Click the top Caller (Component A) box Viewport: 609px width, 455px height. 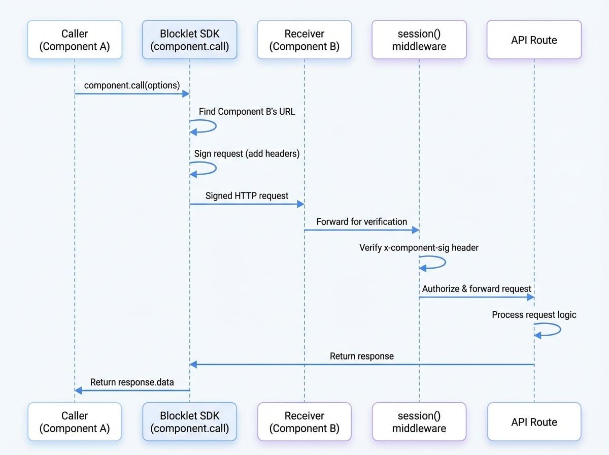(x=75, y=40)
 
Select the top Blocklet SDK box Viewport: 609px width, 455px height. (x=190, y=40)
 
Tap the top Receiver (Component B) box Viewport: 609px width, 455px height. (x=304, y=40)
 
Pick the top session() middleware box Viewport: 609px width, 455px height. (x=419, y=40)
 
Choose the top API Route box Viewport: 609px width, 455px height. (x=534, y=40)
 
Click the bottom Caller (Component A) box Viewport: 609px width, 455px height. (x=75, y=421)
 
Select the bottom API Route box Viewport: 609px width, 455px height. (x=534, y=421)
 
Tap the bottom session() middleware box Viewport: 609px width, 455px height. (x=419, y=421)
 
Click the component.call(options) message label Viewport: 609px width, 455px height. (x=132, y=85)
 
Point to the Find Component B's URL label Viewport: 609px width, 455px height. (x=247, y=111)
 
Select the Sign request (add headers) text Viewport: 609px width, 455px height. (x=247, y=153)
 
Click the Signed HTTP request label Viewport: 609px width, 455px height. (x=247, y=196)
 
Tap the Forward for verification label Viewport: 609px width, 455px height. (x=361, y=221)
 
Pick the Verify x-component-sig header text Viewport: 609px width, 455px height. (x=419, y=248)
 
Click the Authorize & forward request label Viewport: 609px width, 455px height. (x=477, y=288)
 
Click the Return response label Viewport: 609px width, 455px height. (x=361, y=356)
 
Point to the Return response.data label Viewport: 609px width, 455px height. (x=132, y=382)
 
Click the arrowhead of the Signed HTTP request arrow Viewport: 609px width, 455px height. (x=300, y=204)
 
